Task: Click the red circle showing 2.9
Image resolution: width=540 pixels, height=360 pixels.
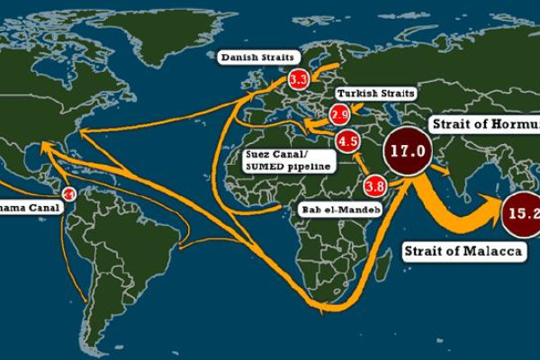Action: [x=339, y=114]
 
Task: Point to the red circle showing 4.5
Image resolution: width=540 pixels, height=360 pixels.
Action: [x=348, y=141]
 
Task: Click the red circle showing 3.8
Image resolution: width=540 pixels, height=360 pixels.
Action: [x=375, y=187]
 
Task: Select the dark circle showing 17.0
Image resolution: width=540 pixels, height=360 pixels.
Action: [x=406, y=151]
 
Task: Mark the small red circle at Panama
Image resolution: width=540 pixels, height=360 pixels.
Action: [x=68, y=193]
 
